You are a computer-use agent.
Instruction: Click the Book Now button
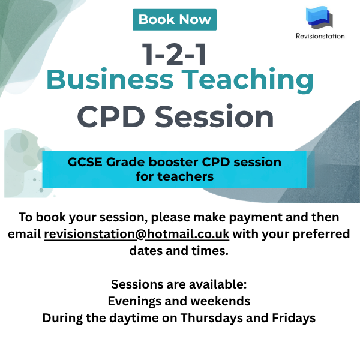[x=175, y=20]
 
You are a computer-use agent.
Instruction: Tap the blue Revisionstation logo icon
[x=319, y=17]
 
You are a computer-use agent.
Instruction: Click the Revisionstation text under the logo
[x=320, y=36]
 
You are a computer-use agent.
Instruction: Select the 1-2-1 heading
[x=174, y=55]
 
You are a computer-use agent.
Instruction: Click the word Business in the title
[x=110, y=79]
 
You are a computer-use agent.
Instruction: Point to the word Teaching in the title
[x=247, y=80]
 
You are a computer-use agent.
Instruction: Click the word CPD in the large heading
[x=111, y=116]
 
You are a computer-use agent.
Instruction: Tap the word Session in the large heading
[x=214, y=116]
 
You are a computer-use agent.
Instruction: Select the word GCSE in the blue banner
[x=85, y=162]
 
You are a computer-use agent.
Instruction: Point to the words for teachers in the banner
[x=175, y=176]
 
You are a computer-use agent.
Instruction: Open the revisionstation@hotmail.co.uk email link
[x=137, y=234]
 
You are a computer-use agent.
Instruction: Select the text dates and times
[x=179, y=251]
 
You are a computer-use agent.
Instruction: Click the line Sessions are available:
[x=179, y=284]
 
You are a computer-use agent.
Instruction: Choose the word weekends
[x=220, y=301]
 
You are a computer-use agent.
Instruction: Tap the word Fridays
[x=293, y=318]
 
